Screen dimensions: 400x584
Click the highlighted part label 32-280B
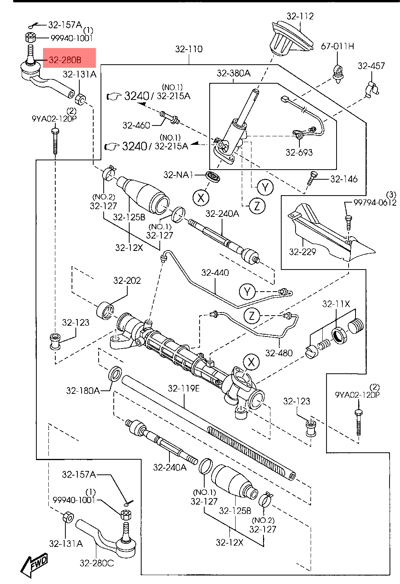(x=65, y=60)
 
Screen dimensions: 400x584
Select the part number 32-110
(x=189, y=49)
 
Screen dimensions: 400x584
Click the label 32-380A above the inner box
(x=234, y=73)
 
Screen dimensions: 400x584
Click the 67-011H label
(x=337, y=46)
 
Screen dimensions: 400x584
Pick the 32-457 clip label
(x=371, y=66)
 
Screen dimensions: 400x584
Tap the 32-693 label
(x=299, y=152)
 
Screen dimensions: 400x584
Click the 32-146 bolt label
(x=344, y=179)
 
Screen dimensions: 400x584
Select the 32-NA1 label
(x=178, y=175)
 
